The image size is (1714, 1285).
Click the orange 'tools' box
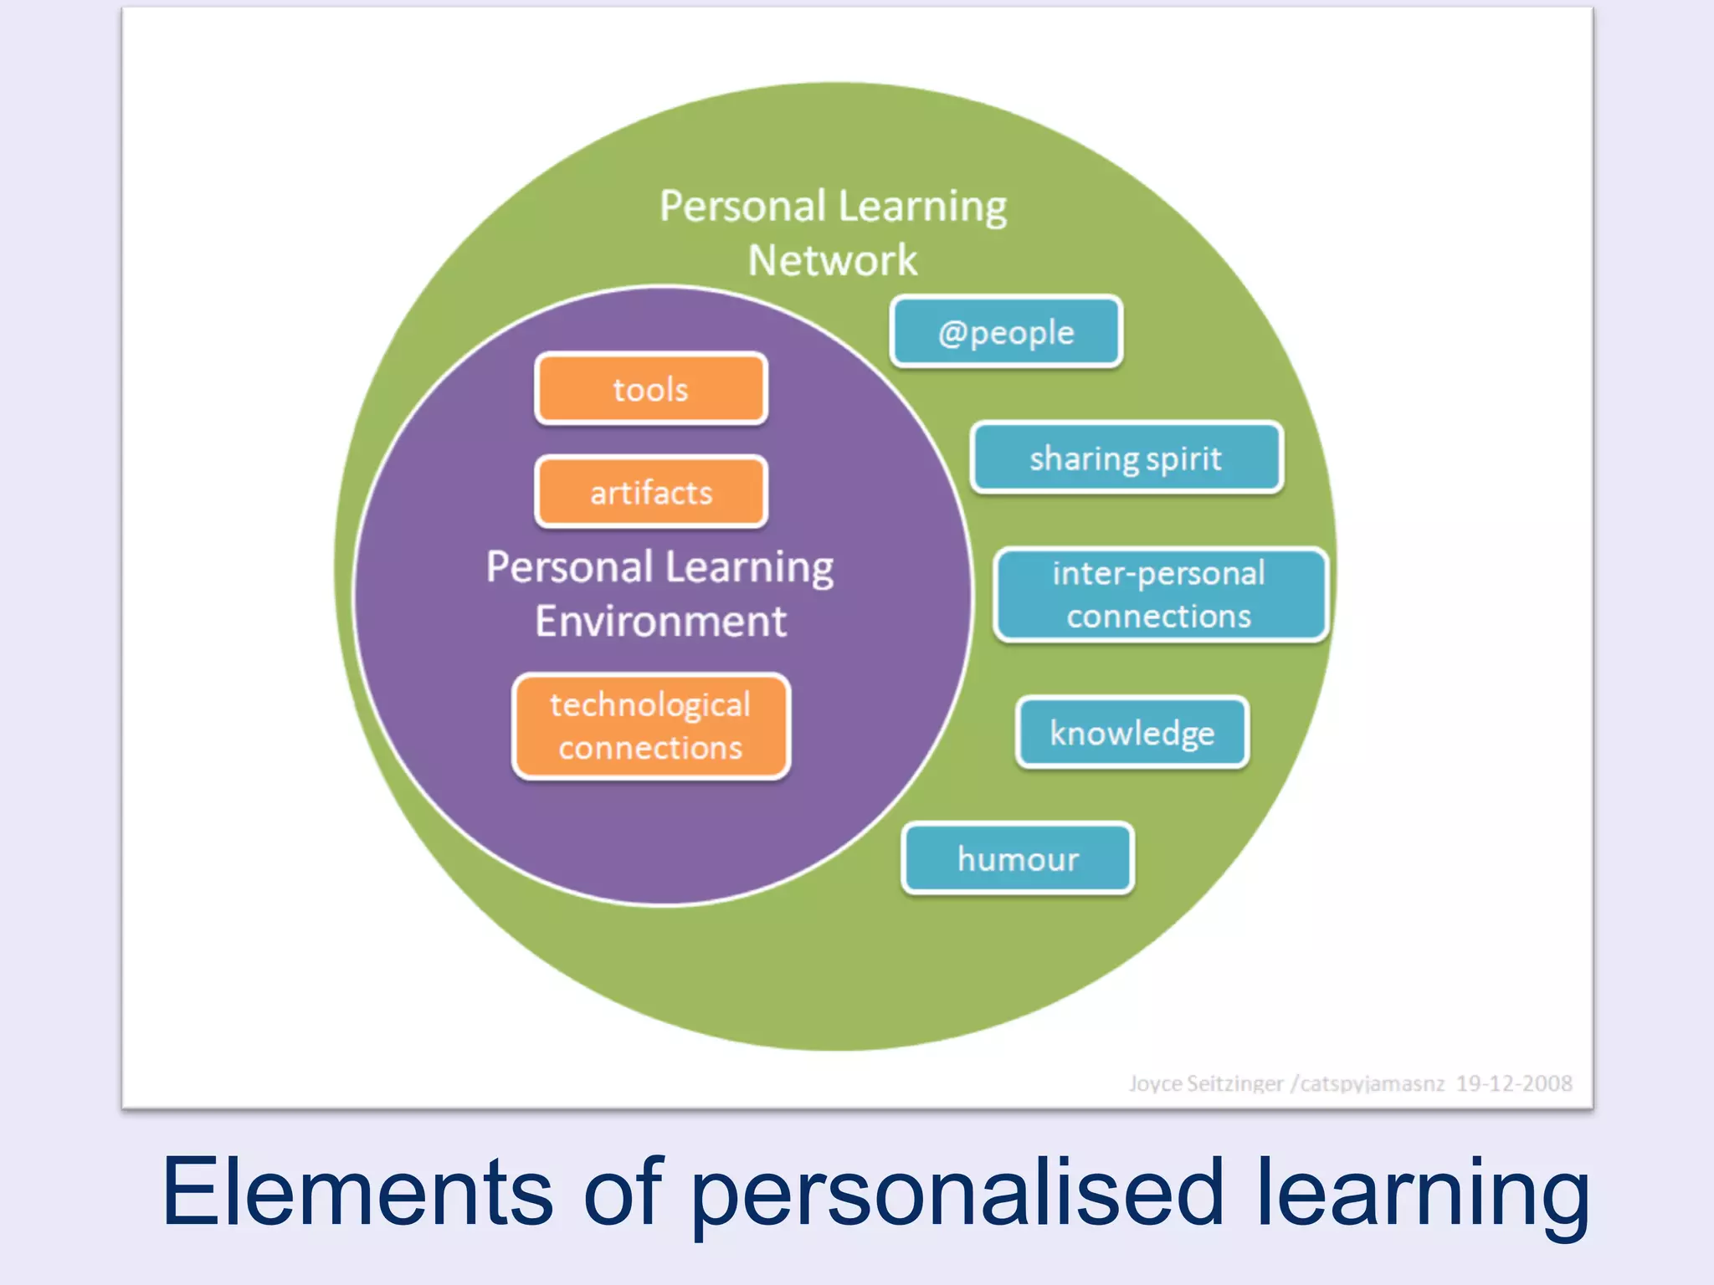point(651,389)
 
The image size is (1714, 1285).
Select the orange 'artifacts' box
point(651,492)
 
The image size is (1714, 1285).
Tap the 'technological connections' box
point(651,726)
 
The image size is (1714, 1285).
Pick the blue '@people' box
point(1006,332)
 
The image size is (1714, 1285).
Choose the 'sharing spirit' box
point(1126,458)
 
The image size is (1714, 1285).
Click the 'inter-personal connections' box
point(1160,595)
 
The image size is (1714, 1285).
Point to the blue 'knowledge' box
point(1132,733)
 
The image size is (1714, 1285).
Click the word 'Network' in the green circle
point(833,260)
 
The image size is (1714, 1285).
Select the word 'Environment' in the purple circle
point(661,622)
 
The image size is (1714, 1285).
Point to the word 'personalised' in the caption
point(957,1192)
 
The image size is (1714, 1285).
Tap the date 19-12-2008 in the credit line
point(1514,1083)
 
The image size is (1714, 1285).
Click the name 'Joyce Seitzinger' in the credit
point(1205,1084)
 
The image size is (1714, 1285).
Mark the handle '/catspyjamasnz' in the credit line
point(1368,1084)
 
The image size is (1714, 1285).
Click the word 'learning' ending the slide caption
point(1423,1192)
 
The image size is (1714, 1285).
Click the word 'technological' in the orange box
point(650,705)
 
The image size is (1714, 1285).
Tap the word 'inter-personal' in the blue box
point(1159,574)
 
